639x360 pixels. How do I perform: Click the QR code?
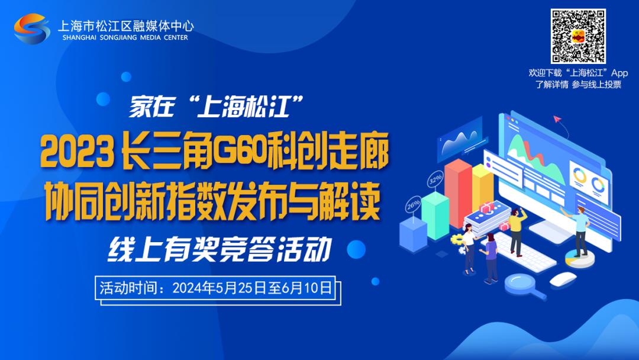(578, 36)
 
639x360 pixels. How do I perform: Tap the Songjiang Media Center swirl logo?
(32, 28)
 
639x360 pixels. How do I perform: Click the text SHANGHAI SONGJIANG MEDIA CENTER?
(125, 37)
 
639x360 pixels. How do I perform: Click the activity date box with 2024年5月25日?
(218, 290)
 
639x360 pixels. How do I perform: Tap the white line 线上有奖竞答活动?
(220, 249)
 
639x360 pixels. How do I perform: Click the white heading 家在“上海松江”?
(217, 106)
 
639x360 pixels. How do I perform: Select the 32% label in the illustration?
(435, 179)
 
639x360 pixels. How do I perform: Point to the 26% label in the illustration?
(413, 204)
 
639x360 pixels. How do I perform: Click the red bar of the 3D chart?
(458, 192)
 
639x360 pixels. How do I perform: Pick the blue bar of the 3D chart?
(413, 236)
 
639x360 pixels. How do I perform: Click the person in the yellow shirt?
(517, 231)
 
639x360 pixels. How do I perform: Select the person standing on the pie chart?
(579, 231)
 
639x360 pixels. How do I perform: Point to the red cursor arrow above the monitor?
(557, 119)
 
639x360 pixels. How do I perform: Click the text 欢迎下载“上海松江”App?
(578, 73)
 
